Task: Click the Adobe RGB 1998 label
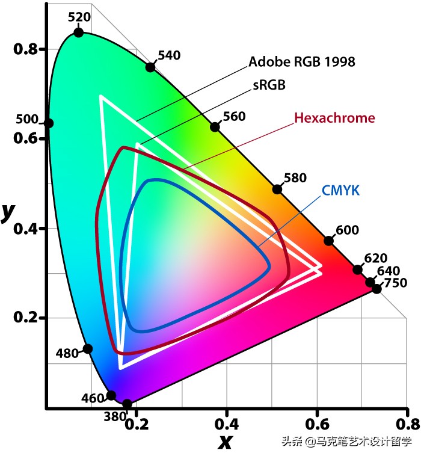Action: point(302,61)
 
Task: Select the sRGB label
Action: point(268,85)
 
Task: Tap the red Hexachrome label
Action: point(334,118)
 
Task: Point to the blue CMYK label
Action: point(340,191)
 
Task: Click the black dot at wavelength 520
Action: point(78,32)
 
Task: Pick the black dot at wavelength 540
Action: point(150,67)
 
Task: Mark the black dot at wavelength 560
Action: point(215,127)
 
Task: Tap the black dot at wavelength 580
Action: point(277,189)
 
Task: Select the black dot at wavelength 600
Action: point(328,241)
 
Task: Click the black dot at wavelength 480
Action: point(88,349)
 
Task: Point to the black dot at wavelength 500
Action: point(49,123)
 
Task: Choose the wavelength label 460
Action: point(92,398)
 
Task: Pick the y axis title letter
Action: point(8,211)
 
